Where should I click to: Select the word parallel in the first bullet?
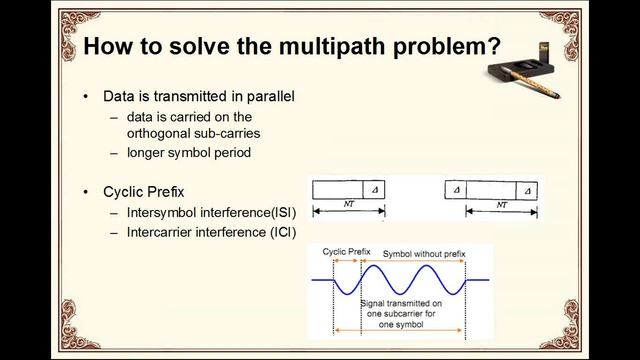point(268,97)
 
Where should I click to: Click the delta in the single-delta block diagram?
point(373,189)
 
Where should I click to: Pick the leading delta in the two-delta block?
point(456,189)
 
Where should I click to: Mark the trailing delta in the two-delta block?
point(527,189)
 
